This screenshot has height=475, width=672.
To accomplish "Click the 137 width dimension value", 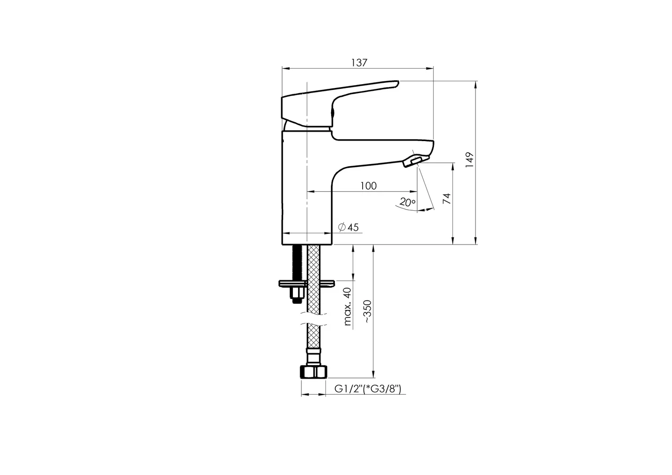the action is (359, 63).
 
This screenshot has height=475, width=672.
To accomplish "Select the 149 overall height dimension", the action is (469, 160).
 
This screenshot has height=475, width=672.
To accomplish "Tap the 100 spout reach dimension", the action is (368, 186).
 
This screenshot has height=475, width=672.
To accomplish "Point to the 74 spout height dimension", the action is (447, 198).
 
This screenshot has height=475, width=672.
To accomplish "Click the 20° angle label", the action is (407, 203).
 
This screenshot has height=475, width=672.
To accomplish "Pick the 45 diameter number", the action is (353, 228).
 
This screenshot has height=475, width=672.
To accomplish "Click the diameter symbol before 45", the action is (342, 227).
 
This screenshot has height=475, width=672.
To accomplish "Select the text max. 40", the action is (347, 306).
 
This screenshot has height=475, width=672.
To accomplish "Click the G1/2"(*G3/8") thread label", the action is (367, 389).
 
